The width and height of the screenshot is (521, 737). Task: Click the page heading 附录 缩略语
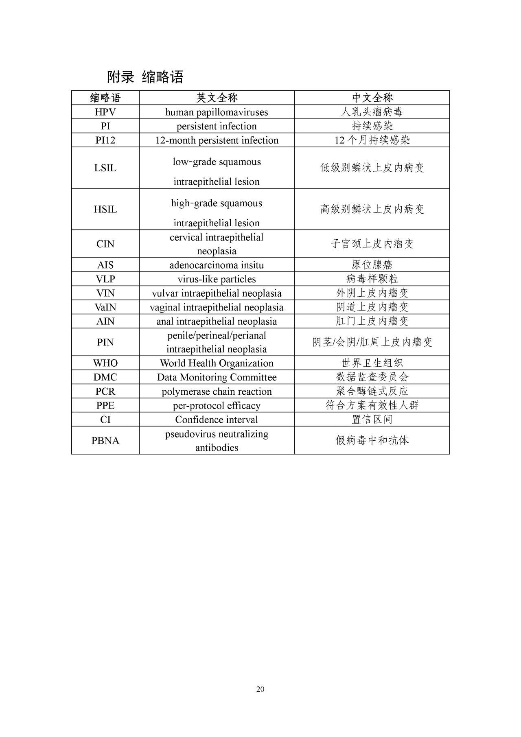coord(145,77)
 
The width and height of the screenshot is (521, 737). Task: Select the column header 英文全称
coord(217,98)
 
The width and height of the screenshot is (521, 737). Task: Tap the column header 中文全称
coord(372,98)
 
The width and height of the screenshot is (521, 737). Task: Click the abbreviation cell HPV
coord(105,112)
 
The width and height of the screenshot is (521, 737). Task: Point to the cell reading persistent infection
coord(217,126)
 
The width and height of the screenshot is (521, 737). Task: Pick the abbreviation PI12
coord(105,140)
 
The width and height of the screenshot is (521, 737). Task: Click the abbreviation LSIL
coord(105,168)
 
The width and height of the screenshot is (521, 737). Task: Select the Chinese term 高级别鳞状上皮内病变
coord(372,209)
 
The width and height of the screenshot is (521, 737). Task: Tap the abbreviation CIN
coord(105,244)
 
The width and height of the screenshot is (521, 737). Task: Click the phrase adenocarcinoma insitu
coord(217,265)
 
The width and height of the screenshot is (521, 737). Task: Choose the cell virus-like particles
coord(217,279)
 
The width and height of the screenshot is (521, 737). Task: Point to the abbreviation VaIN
coord(105,307)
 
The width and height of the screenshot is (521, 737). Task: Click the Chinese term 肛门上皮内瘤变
coord(372,321)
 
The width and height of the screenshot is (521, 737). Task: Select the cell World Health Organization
coord(217,363)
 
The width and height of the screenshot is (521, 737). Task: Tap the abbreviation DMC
coord(105,377)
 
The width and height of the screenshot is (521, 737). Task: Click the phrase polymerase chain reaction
coord(217,391)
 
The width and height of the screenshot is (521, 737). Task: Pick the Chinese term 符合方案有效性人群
coord(372,405)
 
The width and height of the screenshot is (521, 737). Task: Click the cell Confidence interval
coord(217,420)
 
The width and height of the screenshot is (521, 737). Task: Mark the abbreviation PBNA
coord(105,440)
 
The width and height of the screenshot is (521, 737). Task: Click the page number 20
coord(260,689)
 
